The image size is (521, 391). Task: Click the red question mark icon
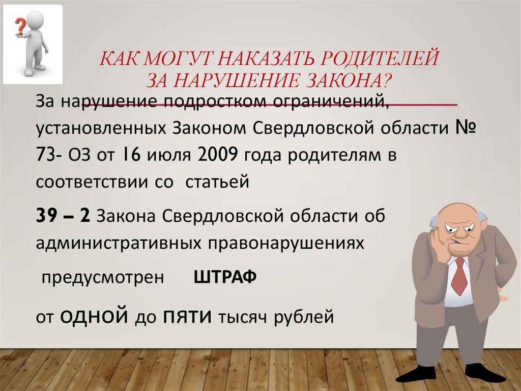[x=20, y=25]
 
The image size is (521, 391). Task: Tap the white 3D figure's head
[x=36, y=21]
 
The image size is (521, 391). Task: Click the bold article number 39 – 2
[x=63, y=216]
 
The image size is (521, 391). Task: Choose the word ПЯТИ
[x=187, y=317]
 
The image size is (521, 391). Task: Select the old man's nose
[x=459, y=237]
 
